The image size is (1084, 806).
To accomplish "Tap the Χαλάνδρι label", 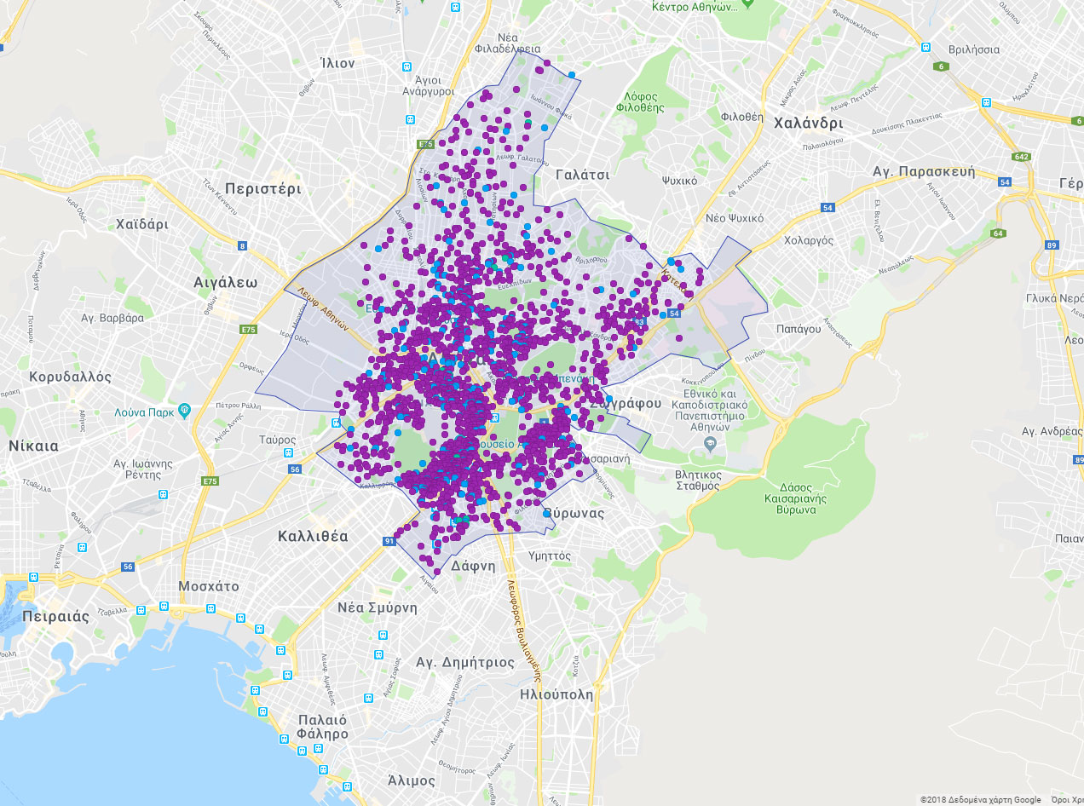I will pyautogui.click(x=808, y=123).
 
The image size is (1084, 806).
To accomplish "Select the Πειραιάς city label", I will pyautogui.click(x=55, y=617).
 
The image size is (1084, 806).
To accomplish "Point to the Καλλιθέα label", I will pyautogui.click(x=313, y=536).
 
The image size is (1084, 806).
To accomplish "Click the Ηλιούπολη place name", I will pyautogui.click(x=556, y=694).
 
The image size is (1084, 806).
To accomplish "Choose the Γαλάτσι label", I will pyautogui.click(x=582, y=174).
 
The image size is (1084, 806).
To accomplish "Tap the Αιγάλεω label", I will pyautogui.click(x=226, y=283).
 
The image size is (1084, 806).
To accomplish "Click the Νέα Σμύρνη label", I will pyautogui.click(x=378, y=607).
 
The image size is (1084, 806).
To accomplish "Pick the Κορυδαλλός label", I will pyautogui.click(x=70, y=376).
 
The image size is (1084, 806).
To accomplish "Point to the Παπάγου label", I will pyautogui.click(x=798, y=328).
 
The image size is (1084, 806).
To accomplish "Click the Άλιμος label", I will pyautogui.click(x=412, y=780).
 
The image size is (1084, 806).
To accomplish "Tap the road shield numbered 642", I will pyautogui.click(x=1021, y=157).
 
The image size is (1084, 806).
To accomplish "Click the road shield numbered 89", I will pyautogui.click(x=1052, y=245).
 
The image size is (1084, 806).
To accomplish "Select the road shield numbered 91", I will pyautogui.click(x=389, y=540).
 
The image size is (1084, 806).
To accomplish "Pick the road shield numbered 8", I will pyautogui.click(x=242, y=246).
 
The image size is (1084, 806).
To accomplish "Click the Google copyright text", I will pyautogui.click(x=980, y=799).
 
